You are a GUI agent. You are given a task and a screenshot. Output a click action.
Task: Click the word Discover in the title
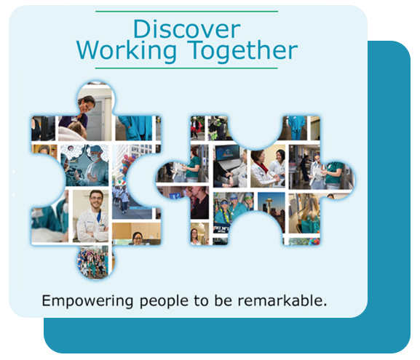pyautogui.click(x=186, y=29)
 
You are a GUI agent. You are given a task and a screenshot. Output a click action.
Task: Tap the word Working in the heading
pyautogui.click(x=127, y=52)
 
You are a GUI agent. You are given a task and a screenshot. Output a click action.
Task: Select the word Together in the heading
pyautogui.click(x=242, y=51)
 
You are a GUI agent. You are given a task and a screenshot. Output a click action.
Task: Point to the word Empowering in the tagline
pyautogui.click(x=87, y=301)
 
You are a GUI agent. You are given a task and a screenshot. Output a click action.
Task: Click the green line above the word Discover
pyautogui.click(x=186, y=12)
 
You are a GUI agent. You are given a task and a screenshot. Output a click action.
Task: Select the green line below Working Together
pyautogui.click(x=186, y=68)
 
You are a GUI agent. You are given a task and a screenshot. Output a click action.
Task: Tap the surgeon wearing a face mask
pyautogui.click(x=95, y=163)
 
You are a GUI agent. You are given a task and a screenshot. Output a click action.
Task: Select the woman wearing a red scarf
pyautogui.click(x=262, y=169)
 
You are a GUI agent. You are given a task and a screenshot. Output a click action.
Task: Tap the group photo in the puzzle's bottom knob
pyautogui.click(x=95, y=263)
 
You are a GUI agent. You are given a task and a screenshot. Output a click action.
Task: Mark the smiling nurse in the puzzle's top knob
pyautogui.click(x=86, y=110)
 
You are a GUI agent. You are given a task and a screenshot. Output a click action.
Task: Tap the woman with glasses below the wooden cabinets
pyautogui.click(x=137, y=239)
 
